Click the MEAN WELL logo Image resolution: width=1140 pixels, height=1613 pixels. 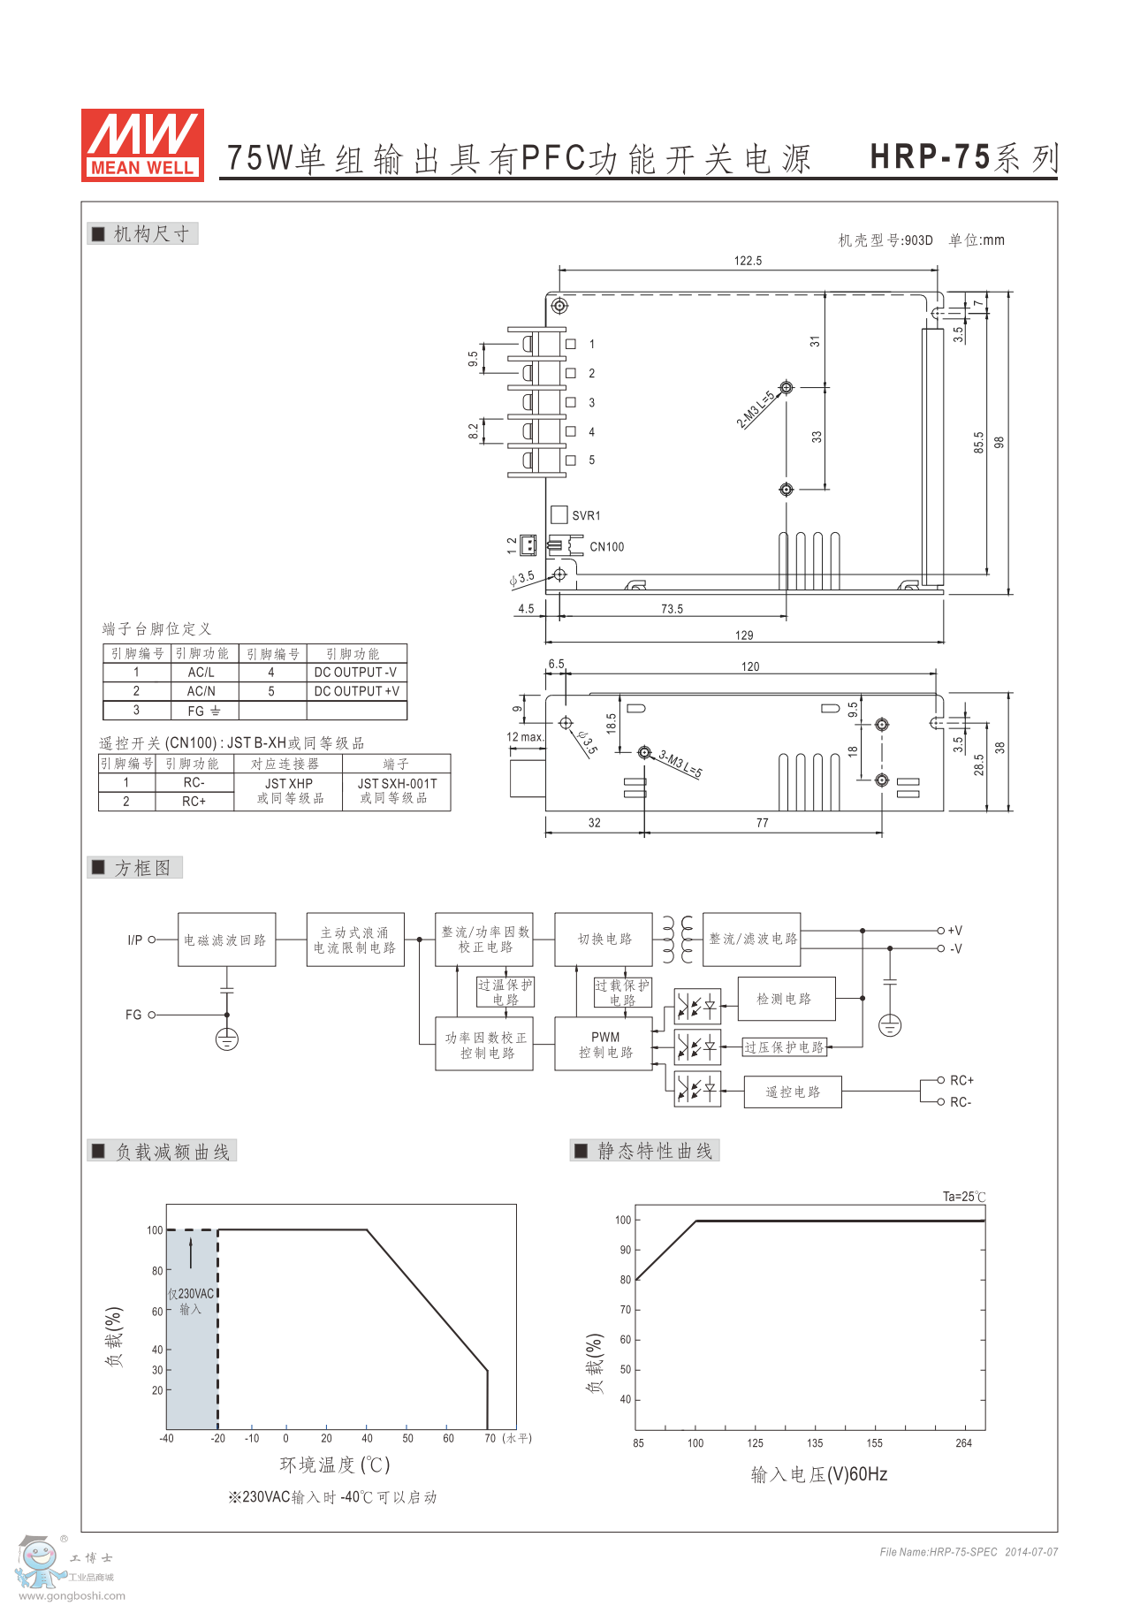pyautogui.click(x=142, y=145)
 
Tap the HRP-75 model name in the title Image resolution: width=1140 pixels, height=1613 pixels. pyautogui.click(x=930, y=156)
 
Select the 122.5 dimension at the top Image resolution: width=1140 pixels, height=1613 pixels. pyautogui.click(x=748, y=261)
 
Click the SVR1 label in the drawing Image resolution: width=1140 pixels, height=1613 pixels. pyautogui.click(x=585, y=515)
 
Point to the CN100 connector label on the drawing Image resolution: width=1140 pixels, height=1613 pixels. pyautogui.click(x=606, y=547)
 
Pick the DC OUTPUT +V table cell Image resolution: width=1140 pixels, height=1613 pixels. pyautogui.click(x=356, y=691)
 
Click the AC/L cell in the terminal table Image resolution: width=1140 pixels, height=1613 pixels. pyautogui.click(x=201, y=673)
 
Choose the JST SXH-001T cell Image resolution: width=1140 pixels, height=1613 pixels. pyautogui.click(x=396, y=783)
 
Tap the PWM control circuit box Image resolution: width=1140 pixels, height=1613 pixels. pyautogui.click(x=605, y=1045)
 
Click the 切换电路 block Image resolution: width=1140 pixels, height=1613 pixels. pyautogui.click(x=604, y=939)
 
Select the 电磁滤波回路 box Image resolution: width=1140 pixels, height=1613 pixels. pyautogui.click(x=226, y=940)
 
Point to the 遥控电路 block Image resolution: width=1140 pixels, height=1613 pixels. pyautogui.click(x=793, y=1092)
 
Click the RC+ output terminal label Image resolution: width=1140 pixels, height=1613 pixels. pyautogui.click(x=961, y=1080)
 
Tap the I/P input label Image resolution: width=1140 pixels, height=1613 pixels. pyautogui.click(x=134, y=940)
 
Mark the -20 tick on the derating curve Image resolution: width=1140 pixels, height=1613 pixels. pyautogui.click(x=218, y=1438)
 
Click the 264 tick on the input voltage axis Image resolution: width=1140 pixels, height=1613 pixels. pyautogui.click(x=963, y=1443)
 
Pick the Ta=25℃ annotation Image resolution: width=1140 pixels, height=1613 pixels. pyautogui.click(x=963, y=1197)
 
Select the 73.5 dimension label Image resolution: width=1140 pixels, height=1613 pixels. pyautogui.click(x=672, y=609)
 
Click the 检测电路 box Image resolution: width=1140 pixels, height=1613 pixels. pyautogui.click(x=784, y=999)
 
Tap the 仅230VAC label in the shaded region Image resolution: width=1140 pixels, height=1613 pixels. pyautogui.click(x=191, y=1294)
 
